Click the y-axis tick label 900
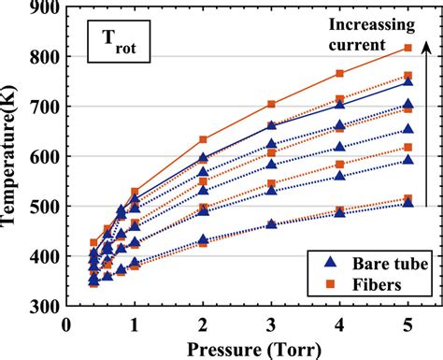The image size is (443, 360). (43, 8)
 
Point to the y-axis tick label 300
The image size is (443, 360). (43, 306)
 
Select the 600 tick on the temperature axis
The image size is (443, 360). (43, 157)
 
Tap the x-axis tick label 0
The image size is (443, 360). (65, 324)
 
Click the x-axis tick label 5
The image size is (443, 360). (407, 324)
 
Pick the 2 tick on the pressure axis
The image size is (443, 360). (203, 324)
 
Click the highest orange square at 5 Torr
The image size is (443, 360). (407, 48)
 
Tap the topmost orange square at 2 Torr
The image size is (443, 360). (203, 139)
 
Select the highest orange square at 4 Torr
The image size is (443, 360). (339, 74)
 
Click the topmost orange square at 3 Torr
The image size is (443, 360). (271, 104)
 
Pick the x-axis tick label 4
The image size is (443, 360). (339, 324)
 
